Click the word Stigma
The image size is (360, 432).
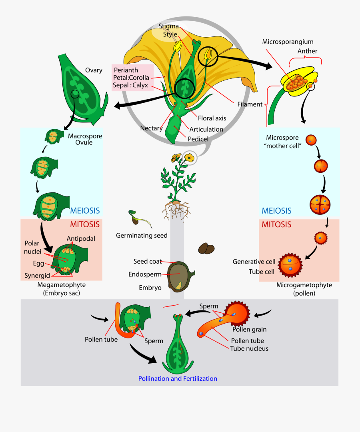point(168,26)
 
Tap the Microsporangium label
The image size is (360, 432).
point(288,42)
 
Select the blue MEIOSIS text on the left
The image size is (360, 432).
point(85,210)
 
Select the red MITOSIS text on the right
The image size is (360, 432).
point(276,224)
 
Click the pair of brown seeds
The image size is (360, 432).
point(206,248)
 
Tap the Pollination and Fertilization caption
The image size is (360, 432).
point(178,378)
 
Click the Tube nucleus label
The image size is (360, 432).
point(249,348)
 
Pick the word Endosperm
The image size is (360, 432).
point(145,274)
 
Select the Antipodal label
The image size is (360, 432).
point(81,238)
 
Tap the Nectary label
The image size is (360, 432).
point(151,128)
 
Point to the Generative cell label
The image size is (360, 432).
point(254,262)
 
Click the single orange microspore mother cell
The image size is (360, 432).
point(311,140)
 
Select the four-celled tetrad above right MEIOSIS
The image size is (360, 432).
point(320,204)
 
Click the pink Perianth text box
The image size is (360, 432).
point(132,78)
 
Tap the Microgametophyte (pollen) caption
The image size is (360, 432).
point(298,289)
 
